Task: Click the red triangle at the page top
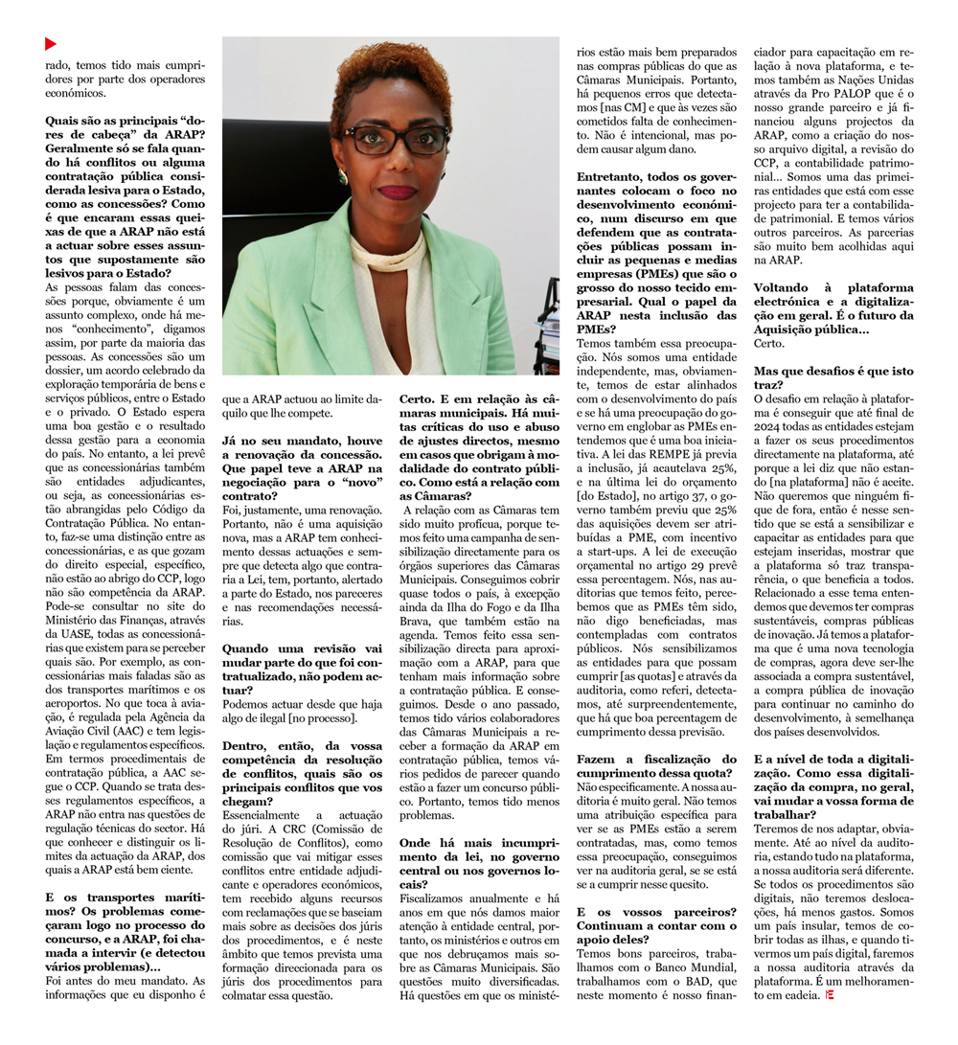[x=51, y=44]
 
